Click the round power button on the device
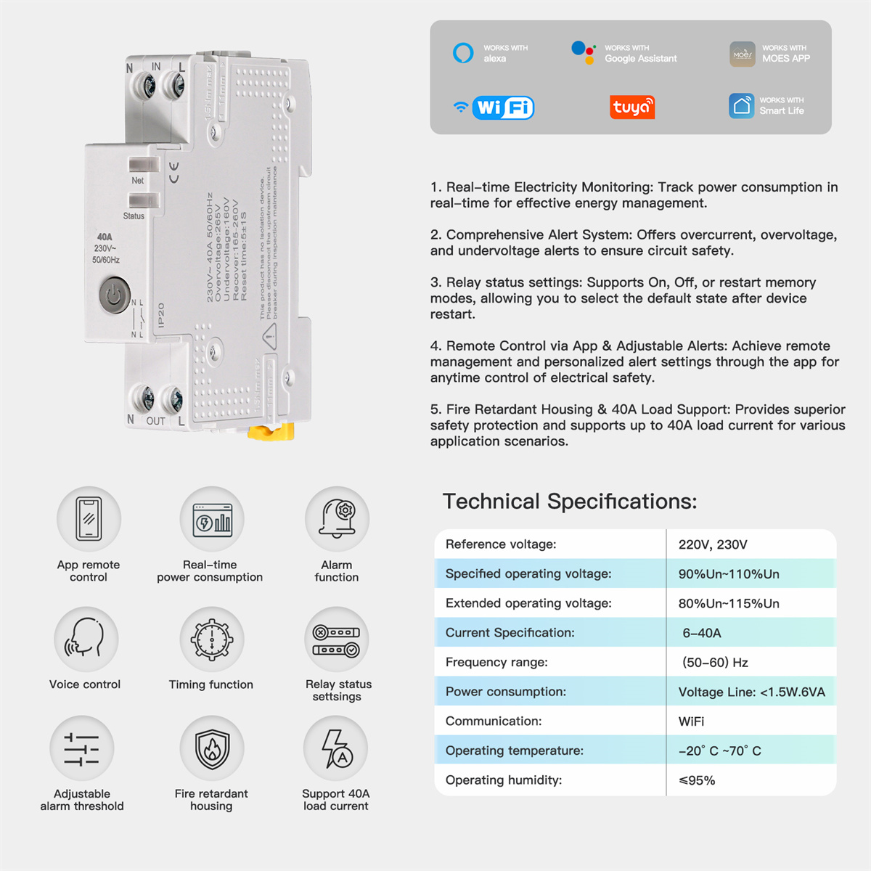pos(114,295)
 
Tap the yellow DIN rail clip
pos(271,432)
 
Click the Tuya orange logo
pos(632,107)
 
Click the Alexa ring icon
pos(463,53)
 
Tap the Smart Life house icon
pos(742,105)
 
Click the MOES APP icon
pos(743,54)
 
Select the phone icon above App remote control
pos(89,519)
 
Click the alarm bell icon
pos(338,519)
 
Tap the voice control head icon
pos(86,639)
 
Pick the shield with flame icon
pos(212,748)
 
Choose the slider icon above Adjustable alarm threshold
pos(81,748)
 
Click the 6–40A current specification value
pos(701,633)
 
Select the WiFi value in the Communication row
pos(691,721)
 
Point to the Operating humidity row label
pos(504,780)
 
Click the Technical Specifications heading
pos(570,502)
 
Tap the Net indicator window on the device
pos(143,165)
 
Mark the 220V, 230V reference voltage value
pos(713,544)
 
